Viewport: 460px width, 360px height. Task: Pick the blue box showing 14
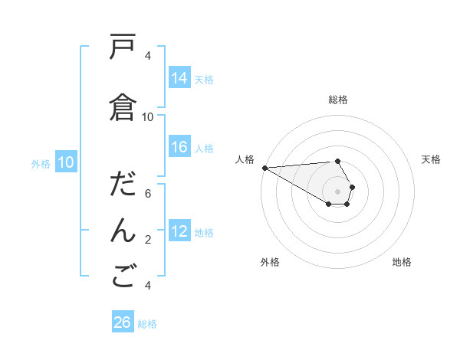tap(179, 77)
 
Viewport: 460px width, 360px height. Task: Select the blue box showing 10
tap(66, 162)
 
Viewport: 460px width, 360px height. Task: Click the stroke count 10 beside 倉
tap(148, 116)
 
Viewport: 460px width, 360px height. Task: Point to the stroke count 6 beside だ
tap(148, 194)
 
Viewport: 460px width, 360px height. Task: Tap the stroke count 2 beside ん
tap(148, 240)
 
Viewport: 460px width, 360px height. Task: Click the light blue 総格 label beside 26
tap(148, 324)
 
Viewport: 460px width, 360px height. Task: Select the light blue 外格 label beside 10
tap(41, 163)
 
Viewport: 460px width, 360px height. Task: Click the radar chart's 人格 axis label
tap(245, 159)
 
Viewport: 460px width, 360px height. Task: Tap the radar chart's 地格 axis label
tap(402, 262)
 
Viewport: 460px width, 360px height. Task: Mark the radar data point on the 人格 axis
tap(264, 168)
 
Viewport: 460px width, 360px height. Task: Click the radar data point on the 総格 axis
tap(337, 161)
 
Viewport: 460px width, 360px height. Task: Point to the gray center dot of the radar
tap(337, 191)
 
